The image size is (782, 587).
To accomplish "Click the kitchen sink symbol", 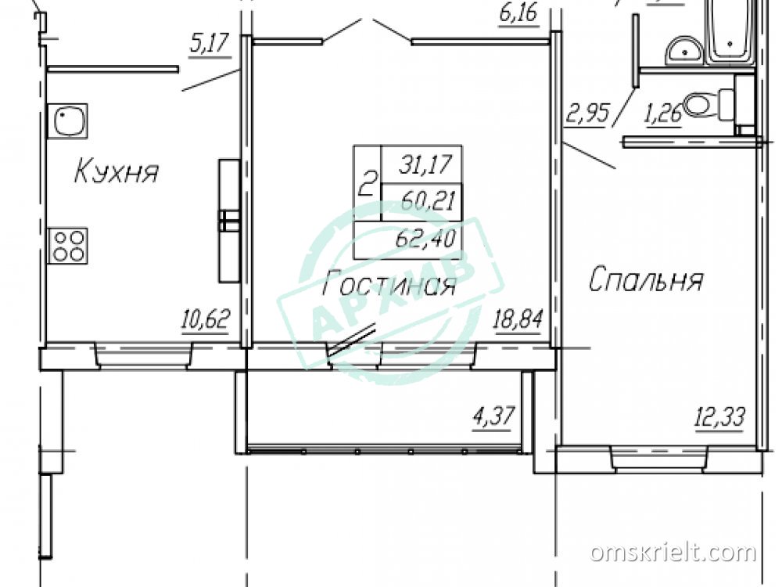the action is pyautogui.click(x=67, y=121).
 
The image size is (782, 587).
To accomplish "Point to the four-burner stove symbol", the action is pyautogui.click(x=67, y=246).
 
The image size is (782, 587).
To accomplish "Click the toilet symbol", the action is pyautogui.click(x=709, y=105).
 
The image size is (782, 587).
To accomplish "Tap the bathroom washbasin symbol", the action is pyautogui.click(x=683, y=50).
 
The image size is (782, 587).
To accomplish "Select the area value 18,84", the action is pyautogui.click(x=517, y=319).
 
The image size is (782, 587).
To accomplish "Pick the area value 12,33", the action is pyautogui.click(x=720, y=417).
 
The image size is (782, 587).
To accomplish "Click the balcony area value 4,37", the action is pyautogui.click(x=493, y=416).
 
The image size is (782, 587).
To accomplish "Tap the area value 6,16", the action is pyautogui.click(x=518, y=13).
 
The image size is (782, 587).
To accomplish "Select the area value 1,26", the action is pyautogui.click(x=664, y=115).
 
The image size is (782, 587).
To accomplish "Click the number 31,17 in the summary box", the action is pyautogui.click(x=425, y=164).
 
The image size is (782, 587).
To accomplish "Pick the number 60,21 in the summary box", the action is pyautogui.click(x=428, y=202).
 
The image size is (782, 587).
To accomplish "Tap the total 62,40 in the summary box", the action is pyautogui.click(x=425, y=239).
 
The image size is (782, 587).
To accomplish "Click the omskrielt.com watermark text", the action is pyautogui.click(x=673, y=552).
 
